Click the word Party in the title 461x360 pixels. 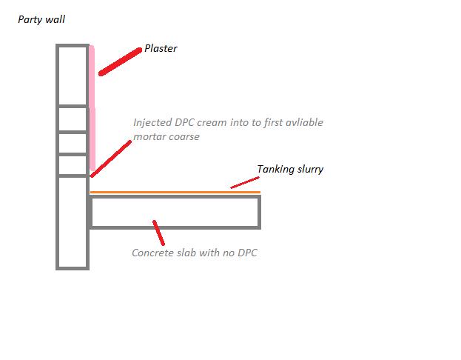point(30,20)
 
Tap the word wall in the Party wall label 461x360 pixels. point(55,20)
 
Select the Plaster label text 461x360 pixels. point(161,49)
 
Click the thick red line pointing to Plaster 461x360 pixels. point(120,61)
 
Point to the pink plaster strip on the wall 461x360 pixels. point(92,111)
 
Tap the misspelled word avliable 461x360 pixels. point(301,122)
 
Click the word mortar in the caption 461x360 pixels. point(150,137)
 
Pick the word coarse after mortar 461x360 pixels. point(184,137)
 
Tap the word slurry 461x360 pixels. point(311,170)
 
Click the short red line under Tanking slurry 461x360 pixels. point(245,181)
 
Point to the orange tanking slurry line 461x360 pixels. point(175,193)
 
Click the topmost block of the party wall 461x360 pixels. point(73,75)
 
